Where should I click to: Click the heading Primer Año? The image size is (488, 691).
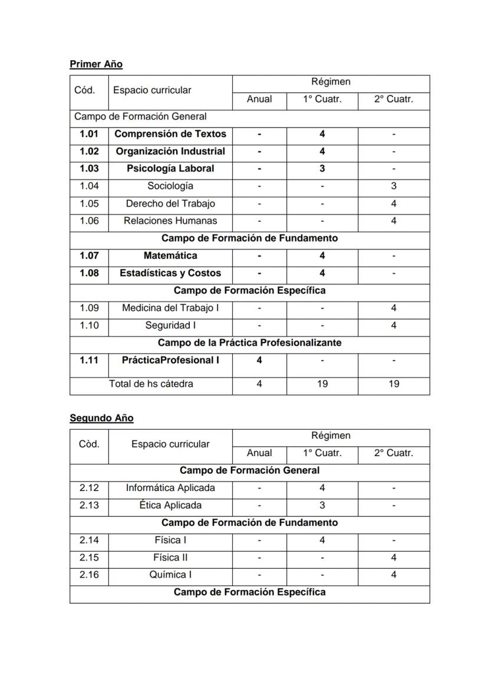click(x=95, y=64)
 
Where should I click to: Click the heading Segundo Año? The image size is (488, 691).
click(x=101, y=418)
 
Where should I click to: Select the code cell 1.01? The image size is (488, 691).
click(x=89, y=134)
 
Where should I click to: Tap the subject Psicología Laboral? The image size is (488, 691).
click(x=170, y=169)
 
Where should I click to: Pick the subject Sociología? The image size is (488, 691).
click(x=170, y=186)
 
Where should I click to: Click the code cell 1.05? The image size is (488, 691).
click(x=89, y=204)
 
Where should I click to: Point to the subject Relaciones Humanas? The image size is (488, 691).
click(x=170, y=221)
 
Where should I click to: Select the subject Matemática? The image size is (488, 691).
click(x=170, y=256)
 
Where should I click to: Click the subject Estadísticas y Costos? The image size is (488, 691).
click(x=170, y=273)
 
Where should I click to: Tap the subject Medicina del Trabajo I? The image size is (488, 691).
click(x=170, y=308)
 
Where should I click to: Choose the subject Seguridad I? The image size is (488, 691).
click(x=170, y=325)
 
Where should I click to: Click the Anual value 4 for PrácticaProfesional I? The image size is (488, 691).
click(x=259, y=360)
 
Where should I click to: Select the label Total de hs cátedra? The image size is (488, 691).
click(x=151, y=384)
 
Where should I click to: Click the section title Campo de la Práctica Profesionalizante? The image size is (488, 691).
click(x=249, y=342)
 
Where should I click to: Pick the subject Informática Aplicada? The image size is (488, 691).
click(x=170, y=488)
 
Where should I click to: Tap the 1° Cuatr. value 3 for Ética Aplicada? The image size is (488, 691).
click(x=322, y=505)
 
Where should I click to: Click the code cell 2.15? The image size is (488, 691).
click(x=89, y=558)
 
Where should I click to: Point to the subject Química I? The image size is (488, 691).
click(x=170, y=575)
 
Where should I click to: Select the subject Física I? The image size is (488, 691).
click(x=170, y=540)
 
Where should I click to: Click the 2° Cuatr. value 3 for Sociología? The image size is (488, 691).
click(x=394, y=186)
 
